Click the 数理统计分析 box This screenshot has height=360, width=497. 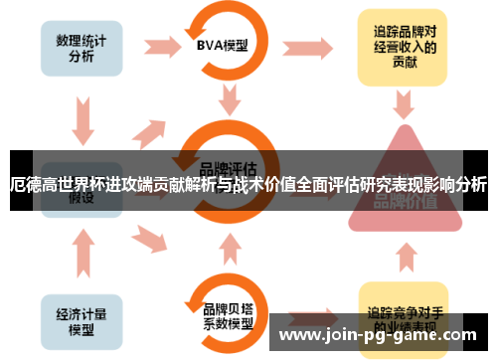[82, 45]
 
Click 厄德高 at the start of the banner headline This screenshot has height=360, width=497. [30, 185]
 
